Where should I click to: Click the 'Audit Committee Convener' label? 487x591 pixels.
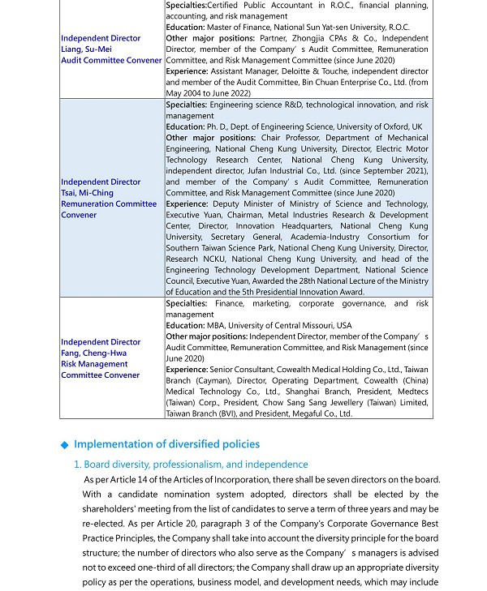click(111, 61)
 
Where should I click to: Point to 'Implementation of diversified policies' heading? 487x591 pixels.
click(166, 444)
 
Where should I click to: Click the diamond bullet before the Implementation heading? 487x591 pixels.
click(65, 445)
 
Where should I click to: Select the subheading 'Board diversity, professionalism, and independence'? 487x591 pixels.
click(196, 465)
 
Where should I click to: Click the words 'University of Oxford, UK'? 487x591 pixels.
click(377, 127)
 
